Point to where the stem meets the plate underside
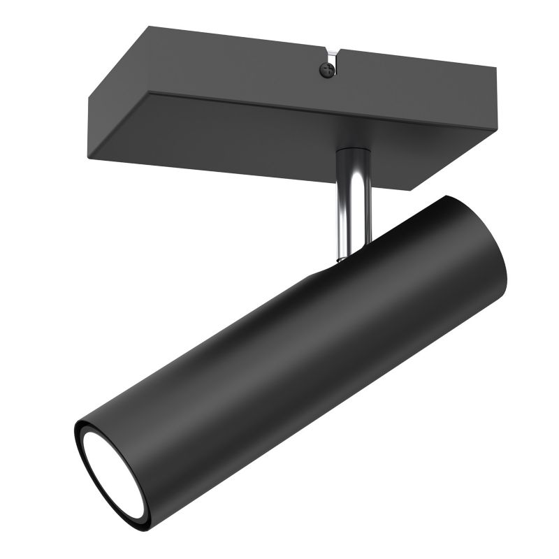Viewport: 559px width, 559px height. point(352,150)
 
